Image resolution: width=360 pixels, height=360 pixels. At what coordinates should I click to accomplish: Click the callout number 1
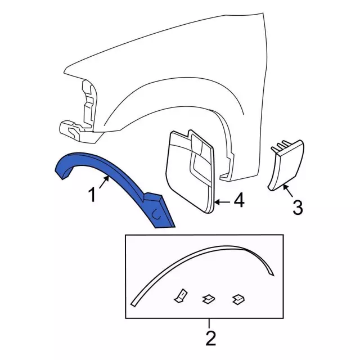pyautogui.click(x=92, y=195)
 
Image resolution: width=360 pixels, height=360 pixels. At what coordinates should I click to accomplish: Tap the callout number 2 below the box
pyautogui.click(x=211, y=338)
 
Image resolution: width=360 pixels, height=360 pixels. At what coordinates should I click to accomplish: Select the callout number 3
pyautogui.click(x=298, y=208)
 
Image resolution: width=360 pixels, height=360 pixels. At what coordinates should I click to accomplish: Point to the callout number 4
pyautogui.click(x=239, y=200)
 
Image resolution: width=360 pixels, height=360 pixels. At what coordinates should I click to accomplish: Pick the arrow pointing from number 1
pyautogui.click(x=104, y=182)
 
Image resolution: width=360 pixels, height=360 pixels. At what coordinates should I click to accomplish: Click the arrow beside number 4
pyautogui.click(x=222, y=202)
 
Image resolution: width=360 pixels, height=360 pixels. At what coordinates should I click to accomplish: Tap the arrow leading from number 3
pyautogui.click(x=287, y=191)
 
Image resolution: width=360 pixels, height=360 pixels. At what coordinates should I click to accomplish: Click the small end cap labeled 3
pyautogui.click(x=287, y=165)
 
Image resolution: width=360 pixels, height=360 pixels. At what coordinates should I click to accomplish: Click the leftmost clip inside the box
pyautogui.click(x=181, y=296)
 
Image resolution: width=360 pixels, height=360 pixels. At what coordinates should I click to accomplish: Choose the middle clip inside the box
pyautogui.click(x=209, y=299)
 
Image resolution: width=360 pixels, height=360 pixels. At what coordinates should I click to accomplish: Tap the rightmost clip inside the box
pyautogui.click(x=238, y=299)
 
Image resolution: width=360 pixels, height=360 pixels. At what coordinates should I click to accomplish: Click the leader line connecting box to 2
pyautogui.click(x=209, y=323)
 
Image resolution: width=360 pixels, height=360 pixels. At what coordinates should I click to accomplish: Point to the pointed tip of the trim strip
pyautogui.click(x=274, y=275)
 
